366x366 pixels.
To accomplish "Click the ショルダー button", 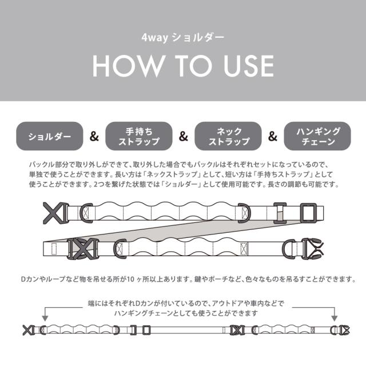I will click(50, 137).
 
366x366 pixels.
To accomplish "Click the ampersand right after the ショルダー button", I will click(94, 137).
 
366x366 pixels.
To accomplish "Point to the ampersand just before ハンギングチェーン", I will click(273, 137).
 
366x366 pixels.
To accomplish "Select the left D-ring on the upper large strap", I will click(88, 213).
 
